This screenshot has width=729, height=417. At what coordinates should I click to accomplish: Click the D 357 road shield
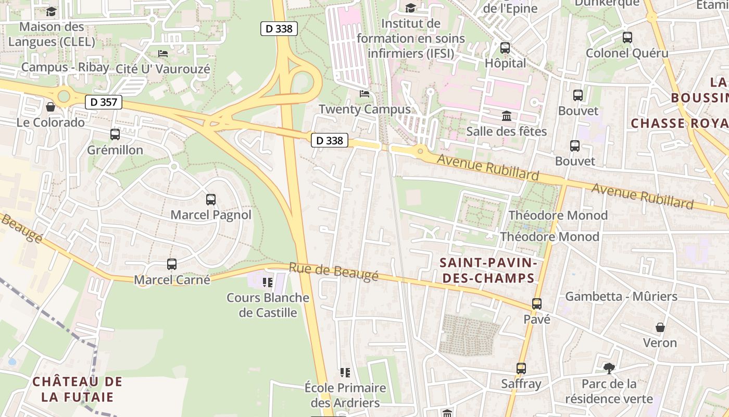(104, 102)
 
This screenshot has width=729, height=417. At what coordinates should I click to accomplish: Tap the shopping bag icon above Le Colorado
(51, 107)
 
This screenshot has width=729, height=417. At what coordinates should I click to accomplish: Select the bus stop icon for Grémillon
(115, 134)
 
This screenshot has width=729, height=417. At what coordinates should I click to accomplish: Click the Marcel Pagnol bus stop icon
(211, 199)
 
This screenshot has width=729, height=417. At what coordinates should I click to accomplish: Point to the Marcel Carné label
(172, 280)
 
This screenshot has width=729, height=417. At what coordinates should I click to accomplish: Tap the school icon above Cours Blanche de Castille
(268, 283)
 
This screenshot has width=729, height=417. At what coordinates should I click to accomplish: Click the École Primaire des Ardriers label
(345, 395)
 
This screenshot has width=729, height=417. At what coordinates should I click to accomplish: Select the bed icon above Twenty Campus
(364, 94)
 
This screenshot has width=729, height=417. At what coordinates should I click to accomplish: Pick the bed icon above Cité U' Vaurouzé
(163, 53)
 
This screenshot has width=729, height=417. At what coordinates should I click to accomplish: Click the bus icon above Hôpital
(505, 48)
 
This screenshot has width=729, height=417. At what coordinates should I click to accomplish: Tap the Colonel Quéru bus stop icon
(627, 38)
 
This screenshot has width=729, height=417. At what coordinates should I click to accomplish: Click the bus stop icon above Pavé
(537, 303)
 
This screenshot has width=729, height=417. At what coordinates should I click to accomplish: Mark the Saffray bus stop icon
(521, 369)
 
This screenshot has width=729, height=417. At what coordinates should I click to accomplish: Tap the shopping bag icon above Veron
(660, 327)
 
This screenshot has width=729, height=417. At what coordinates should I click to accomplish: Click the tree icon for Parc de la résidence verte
(609, 369)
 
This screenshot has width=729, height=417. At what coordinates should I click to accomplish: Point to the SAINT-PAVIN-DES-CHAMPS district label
(487, 270)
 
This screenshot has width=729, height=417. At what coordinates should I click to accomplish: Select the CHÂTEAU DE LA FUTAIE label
(77, 389)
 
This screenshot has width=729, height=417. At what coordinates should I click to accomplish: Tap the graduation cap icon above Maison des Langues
(52, 11)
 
